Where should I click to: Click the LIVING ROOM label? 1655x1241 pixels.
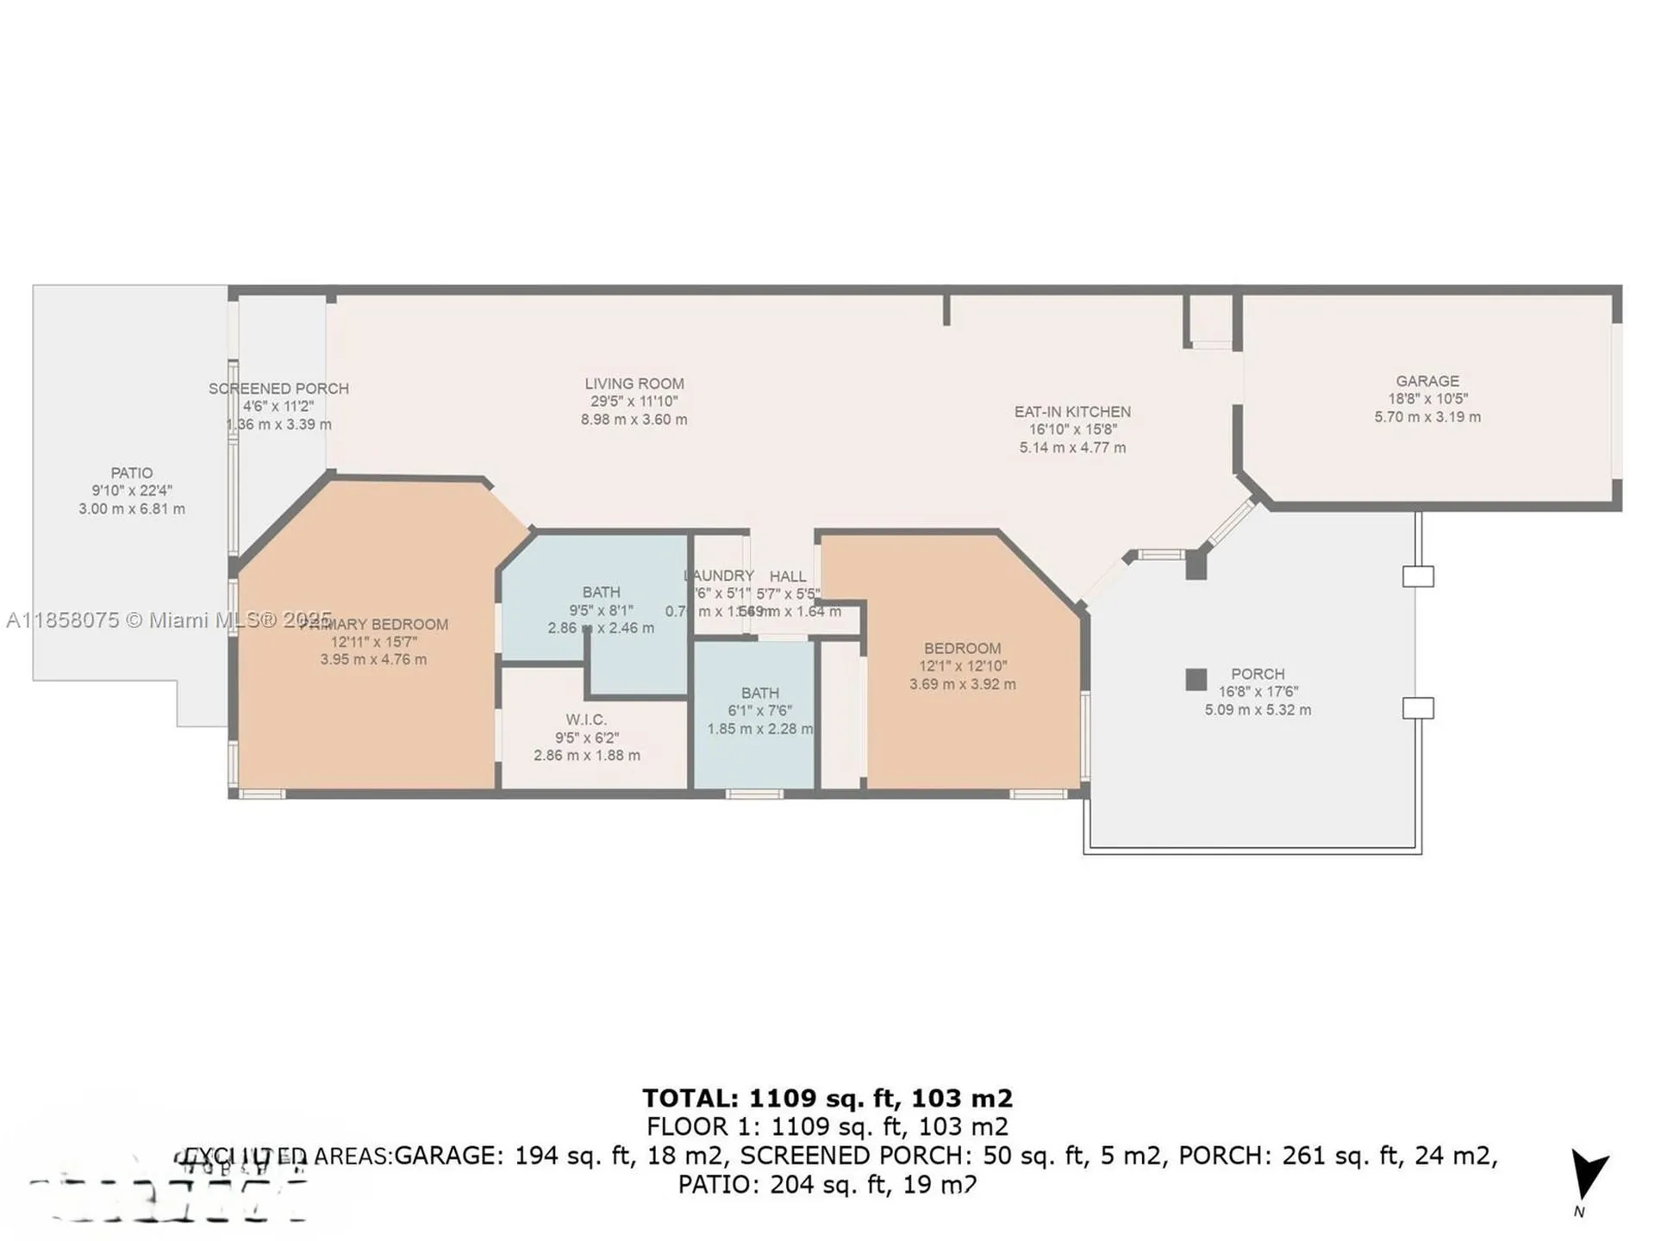tap(634, 384)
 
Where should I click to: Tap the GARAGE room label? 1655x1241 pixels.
tap(1427, 381)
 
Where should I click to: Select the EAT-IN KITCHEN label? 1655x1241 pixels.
tap(1072, 412)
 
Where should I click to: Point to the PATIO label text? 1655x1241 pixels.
tap(132, 473)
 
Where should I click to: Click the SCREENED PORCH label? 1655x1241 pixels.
tap(278, 389)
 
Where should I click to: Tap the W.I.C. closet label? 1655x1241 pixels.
tap(586, 720)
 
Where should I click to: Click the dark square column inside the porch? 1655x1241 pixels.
tap(1196, 679)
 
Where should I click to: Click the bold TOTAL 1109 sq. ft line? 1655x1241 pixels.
tap(827, 1098)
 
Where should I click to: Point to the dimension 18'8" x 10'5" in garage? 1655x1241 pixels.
tap(1427, 399)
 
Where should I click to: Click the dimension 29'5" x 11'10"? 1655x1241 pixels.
tap(634, 402)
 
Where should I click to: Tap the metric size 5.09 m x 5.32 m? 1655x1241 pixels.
tap(1258, 710)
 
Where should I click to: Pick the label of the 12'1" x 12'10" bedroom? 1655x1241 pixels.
tap(962, 648)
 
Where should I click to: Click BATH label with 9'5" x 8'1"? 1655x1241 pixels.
tap(601, 592)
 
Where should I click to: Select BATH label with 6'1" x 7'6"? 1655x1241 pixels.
tap(759, 693)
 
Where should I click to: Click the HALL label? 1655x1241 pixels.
tap(788, 576)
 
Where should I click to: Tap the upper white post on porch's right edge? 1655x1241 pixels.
tap(1418, 576)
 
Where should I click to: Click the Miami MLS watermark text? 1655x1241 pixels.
tap(168, 620)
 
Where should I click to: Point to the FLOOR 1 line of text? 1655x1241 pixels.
tap(827, 1126)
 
